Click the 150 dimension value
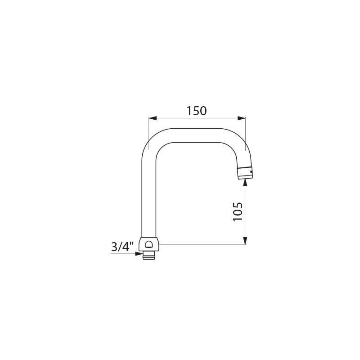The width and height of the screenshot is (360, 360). (x=197, y=111)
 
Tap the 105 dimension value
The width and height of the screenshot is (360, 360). (x=238, y=211)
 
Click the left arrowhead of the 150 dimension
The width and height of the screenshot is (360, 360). (x=152, y=119)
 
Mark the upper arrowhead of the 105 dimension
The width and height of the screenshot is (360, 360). (x=245, y=182)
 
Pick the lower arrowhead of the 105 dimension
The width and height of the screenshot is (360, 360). (x=245, y=241)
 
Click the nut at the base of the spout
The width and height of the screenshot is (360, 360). (x=148, y=245)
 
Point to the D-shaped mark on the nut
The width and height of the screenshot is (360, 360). (x=148, y=246)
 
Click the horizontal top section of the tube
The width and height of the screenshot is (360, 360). (x=193, y=135)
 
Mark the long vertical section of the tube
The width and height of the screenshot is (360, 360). (x=148, y=193)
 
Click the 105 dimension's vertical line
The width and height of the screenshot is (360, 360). (x=245, y=211)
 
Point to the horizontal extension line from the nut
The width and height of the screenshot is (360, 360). (x=202, y=245)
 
